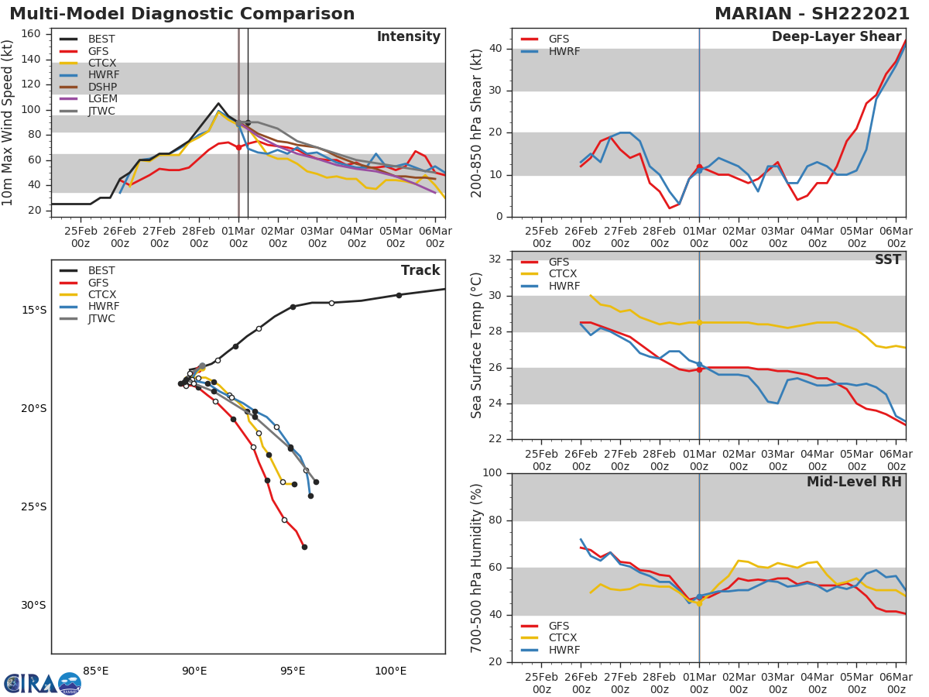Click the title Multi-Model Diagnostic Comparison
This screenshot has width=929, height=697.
pos(182,14)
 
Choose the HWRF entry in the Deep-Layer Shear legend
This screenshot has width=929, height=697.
pos(564,51)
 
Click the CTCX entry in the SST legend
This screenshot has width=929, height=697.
pos(562,274)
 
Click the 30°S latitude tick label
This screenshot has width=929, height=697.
pos(33,606)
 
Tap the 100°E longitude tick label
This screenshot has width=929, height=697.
pos(390,671)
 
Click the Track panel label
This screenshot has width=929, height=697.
pos(420,270)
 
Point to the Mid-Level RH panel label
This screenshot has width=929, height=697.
pos(853,482)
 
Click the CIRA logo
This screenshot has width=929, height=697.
pos(43,683)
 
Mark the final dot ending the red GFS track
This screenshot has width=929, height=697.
pos(304,547)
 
